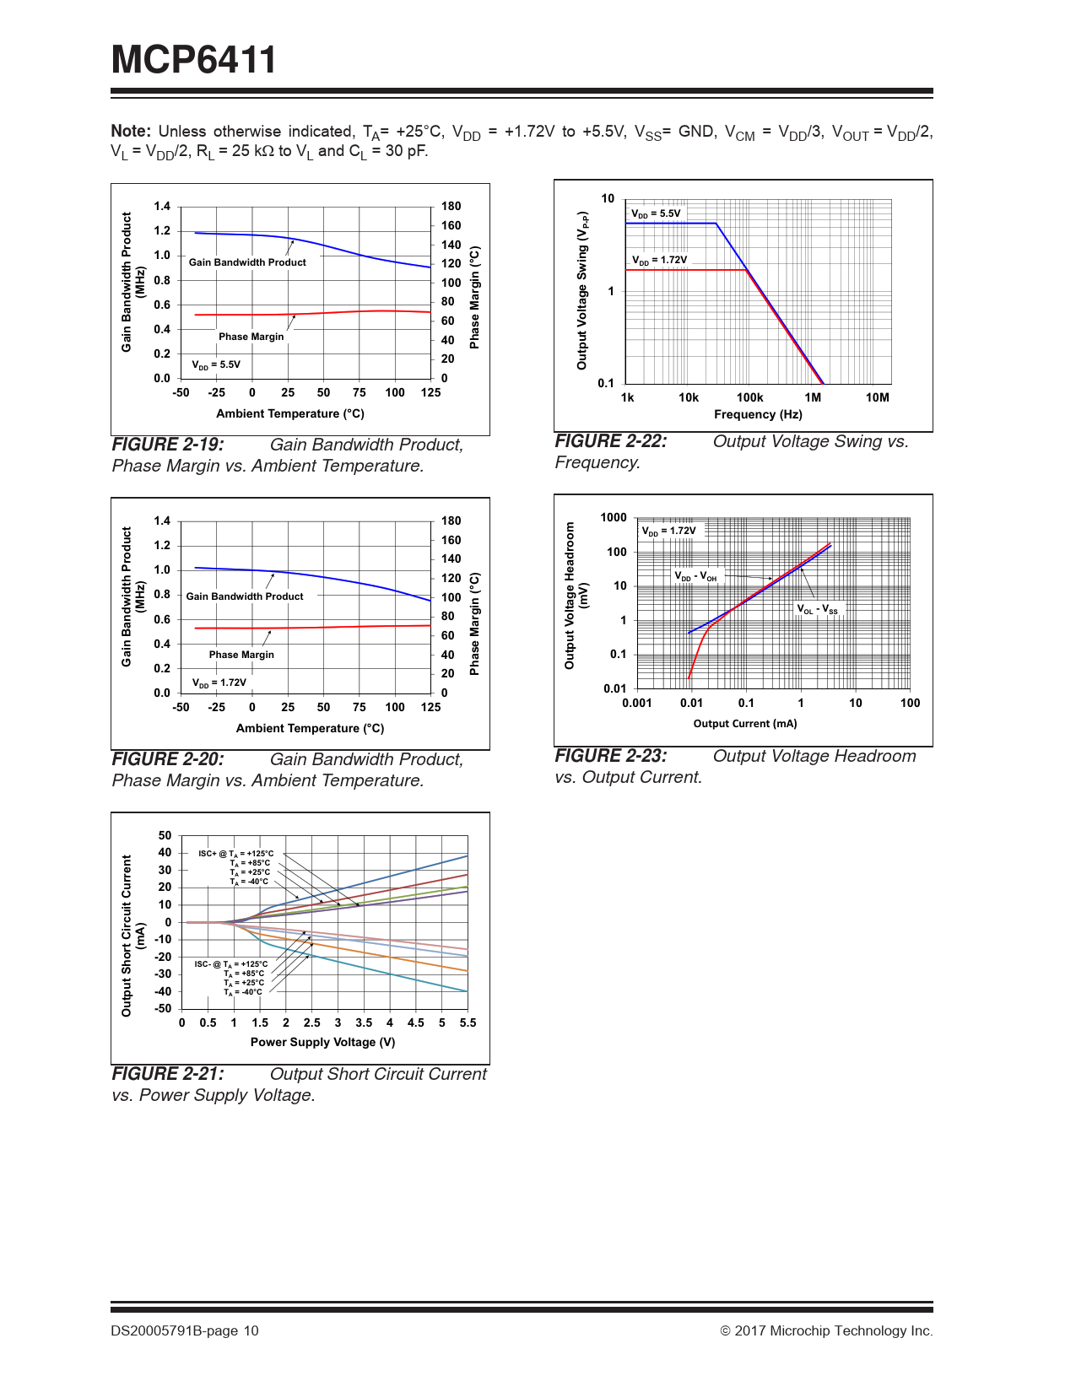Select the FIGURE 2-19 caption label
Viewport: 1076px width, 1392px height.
pos(168,445)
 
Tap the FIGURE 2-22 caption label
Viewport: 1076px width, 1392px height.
pos(610,441)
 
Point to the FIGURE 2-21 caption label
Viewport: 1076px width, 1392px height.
pos(168,1074)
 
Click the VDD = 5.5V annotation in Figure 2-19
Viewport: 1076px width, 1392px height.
pos(216,365)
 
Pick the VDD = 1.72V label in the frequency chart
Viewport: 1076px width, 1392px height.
pos(660,260)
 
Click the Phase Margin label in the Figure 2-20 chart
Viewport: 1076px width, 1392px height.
pos(241,655)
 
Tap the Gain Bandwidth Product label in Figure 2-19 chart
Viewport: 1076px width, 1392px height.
pos(247,262)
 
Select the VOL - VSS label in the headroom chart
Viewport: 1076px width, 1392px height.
pos(818,609)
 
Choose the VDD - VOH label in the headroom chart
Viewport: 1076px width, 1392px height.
pos(695,576)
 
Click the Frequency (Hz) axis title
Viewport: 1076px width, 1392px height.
pos(758,414)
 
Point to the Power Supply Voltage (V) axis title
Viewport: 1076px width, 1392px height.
pos(322,1042)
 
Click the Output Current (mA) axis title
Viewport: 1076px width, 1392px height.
pos(744,724)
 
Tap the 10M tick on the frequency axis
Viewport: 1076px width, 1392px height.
pos(877,398)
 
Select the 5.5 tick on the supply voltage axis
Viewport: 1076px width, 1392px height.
pos(468,1022)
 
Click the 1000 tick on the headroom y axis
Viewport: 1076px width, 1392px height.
pos(614,518)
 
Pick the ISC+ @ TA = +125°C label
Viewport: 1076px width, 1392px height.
pos(236,854)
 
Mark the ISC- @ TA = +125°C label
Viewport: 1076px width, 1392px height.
pos(231,964)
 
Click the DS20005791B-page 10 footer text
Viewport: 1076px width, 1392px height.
pos(185,1331)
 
